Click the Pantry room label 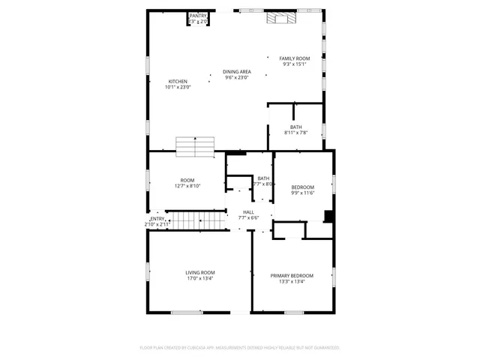pyautogui.click(x=198, y=16)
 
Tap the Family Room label pyautogui.click(x=295, y=58)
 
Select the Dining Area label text pyautogui.click(x=237, y=72)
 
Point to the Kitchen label pyautogui.click(x=178, y=81)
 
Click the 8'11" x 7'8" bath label pyautogui.click(x=296, y=127)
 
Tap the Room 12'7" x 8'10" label pyautogui.click(x=187, y=181)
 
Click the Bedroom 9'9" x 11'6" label pyautogui.click(x=302, y=187)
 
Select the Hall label pyautogui.click(x=248, y=212)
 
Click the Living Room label pyautogui.click(x=200, y=272)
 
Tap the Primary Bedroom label pyautogui.click(x=292, y=276)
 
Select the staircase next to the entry pyautogui.click(x=214, y=220)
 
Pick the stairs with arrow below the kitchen pyautogui.click(x=195, y=147)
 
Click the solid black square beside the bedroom pyautogui.click(x=328, y=217)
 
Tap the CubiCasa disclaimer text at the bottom pyautogui.click(x=240, y=348)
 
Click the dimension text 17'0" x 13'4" pyautogui.click(x=200, y=278)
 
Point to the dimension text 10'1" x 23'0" pyautogui.click(x=178, y=87)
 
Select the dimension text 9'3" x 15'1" pyautogui.click(x=295, y=64)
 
